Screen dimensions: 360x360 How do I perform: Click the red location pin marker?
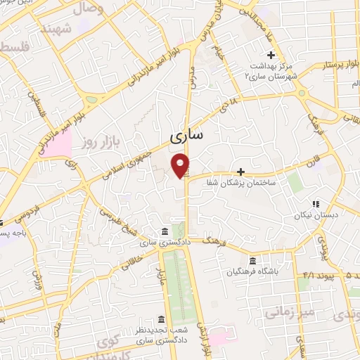click(x=182, y=165)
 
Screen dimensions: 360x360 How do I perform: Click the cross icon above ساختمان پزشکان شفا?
click(x=240, y=171)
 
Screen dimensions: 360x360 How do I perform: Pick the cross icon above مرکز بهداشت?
click(x=271, y=55)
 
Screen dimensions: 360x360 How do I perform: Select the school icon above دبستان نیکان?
click(x=316, y=204)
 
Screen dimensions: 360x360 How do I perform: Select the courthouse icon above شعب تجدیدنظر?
click(x=162, y=319)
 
